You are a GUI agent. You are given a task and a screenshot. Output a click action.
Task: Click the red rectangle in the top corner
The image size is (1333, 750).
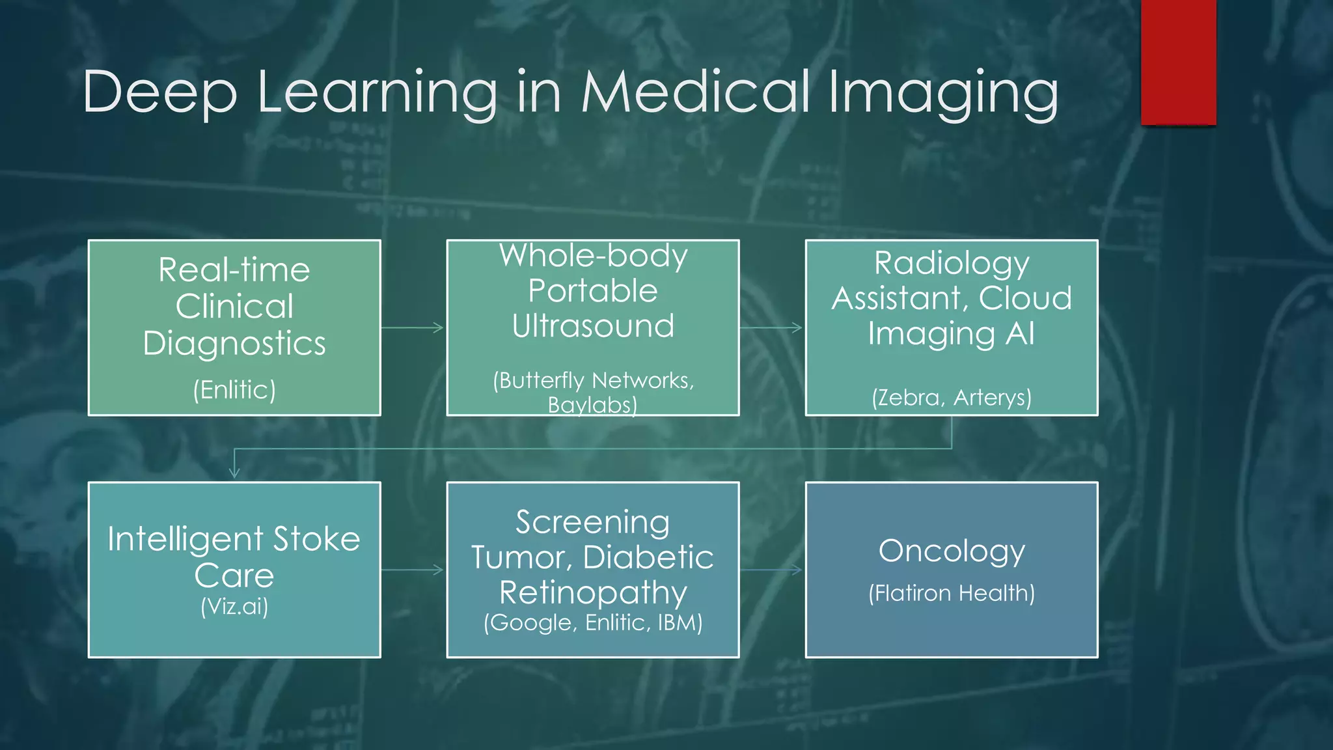1178,62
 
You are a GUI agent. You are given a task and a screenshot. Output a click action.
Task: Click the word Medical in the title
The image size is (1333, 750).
696,92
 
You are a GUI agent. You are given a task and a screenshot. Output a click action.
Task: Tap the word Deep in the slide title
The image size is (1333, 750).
159,93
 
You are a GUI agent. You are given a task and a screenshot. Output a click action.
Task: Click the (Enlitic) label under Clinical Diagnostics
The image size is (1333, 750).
234,390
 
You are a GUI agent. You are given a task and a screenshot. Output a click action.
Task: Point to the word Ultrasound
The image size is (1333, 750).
593,326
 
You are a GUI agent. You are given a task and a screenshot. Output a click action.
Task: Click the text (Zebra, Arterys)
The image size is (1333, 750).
952,397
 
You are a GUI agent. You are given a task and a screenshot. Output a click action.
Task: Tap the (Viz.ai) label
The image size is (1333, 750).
234,606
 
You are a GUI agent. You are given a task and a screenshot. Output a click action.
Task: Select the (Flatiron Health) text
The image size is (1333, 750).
952,593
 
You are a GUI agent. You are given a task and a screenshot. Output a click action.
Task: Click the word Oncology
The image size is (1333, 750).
952,551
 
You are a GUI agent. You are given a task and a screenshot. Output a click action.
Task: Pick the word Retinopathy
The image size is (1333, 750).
593,593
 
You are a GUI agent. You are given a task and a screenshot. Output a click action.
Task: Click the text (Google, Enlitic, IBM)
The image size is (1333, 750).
593,623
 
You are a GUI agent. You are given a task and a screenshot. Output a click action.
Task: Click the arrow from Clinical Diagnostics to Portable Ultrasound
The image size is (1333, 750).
413,327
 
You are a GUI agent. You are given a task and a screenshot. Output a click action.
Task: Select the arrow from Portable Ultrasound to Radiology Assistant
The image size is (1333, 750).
771,327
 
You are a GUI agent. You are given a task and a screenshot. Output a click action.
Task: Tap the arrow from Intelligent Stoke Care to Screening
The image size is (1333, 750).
413,570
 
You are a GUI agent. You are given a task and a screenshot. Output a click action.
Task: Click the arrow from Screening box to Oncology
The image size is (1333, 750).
771,570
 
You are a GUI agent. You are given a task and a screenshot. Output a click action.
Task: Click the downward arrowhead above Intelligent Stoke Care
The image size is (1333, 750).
234,473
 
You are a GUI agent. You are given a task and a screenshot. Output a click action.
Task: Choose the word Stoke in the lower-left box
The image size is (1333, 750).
316,539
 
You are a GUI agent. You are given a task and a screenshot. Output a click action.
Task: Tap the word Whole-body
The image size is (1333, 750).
593,255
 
